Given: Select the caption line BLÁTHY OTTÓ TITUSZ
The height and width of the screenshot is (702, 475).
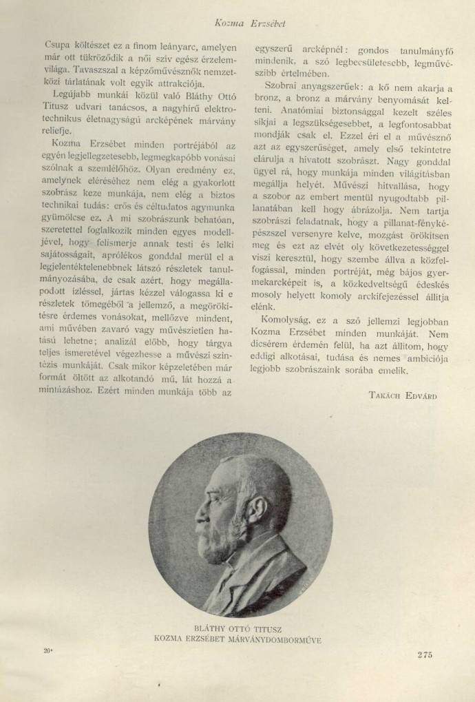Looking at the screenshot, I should pos(238,628).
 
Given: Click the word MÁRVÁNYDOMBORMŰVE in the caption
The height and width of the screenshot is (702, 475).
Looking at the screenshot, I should pos(275,639).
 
